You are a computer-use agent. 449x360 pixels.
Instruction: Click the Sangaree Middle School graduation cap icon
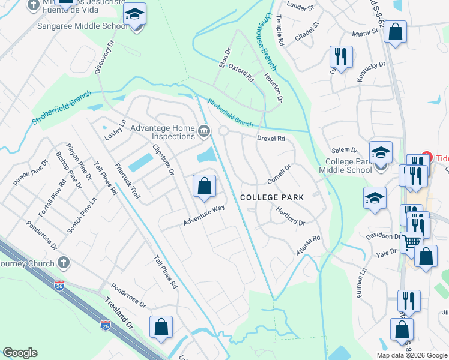click(x=135, y=15)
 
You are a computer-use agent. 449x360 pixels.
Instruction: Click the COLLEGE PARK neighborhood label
click(x=271, y=197)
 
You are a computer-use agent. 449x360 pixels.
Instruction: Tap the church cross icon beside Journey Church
click(x=63, y=263)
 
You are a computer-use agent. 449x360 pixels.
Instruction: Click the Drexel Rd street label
click(x=270, y=139)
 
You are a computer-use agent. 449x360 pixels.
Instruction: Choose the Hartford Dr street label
click(x=291, y=216)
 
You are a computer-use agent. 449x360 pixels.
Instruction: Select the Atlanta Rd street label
click(x=307, y=246)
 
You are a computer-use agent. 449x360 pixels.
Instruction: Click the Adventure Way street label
click(x=204, y=215)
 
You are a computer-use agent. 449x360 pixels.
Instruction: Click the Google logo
click(x=20, y=353)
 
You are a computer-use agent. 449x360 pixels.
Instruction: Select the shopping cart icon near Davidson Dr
click(x=411, y=242)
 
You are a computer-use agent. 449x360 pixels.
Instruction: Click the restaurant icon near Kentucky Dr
click(x=340, y=57)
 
